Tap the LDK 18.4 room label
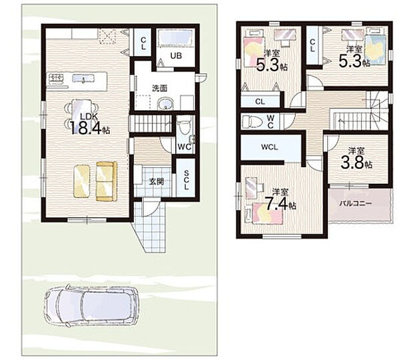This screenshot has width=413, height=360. tap(90, 124)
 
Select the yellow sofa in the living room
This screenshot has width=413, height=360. tap(107, 181)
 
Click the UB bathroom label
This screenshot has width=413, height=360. tap(176, 56)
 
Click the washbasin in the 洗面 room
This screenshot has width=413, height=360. tap(166, 104)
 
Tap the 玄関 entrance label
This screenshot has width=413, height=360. tap(157, 181)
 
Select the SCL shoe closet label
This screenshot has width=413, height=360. tap(187, 180)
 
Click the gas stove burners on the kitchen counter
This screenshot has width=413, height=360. tap(57, 78)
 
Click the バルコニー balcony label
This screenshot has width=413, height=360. tap(355, 204)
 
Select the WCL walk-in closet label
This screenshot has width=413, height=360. tap(270, 147)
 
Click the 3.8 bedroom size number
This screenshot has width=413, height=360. tap(352, 163)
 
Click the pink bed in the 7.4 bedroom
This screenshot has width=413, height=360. tap(268, 214)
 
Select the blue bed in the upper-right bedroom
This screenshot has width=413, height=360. tap(375, 49)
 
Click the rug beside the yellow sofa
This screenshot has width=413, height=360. tap(82, 181)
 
